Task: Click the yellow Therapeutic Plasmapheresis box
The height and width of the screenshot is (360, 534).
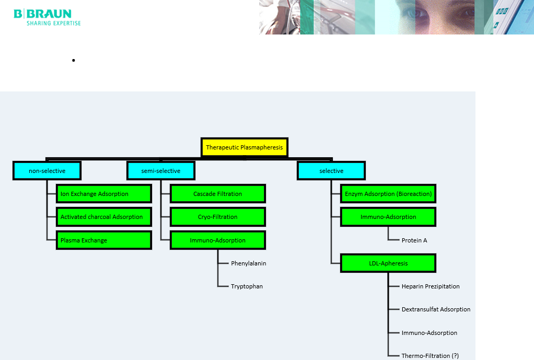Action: click(244, 147)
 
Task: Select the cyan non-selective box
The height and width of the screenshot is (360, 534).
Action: click(47, 171)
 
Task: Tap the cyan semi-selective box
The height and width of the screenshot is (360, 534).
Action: click(160, 171)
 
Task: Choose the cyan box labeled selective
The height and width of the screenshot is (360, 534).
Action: click(331, 171)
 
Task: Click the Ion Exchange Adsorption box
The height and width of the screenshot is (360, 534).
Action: click(103, 194)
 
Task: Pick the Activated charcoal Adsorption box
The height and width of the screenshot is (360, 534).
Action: click(103, 217)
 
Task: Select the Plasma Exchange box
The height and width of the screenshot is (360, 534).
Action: click(103, 240)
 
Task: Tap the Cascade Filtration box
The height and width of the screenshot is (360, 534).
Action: click(217, 194)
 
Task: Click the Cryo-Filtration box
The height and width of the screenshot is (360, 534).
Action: click(217, 217)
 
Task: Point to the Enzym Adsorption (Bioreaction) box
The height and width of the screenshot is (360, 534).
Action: click(388, 194)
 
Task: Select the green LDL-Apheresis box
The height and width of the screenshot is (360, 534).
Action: click(388, 263)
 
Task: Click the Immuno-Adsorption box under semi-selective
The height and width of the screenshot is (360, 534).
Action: click(217, 240)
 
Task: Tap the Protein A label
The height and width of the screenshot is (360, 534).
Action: click(414, 240)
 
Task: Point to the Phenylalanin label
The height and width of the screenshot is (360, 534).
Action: click(249, 263)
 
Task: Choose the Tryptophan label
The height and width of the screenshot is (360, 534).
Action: click(247, 286)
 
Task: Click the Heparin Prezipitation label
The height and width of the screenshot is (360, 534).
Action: click(431, 286)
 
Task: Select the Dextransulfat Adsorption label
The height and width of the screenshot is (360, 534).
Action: click(436, 309)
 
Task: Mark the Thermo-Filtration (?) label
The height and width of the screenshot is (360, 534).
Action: click(430, 356)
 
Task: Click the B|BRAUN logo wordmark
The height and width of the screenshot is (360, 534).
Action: click(43, 14)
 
